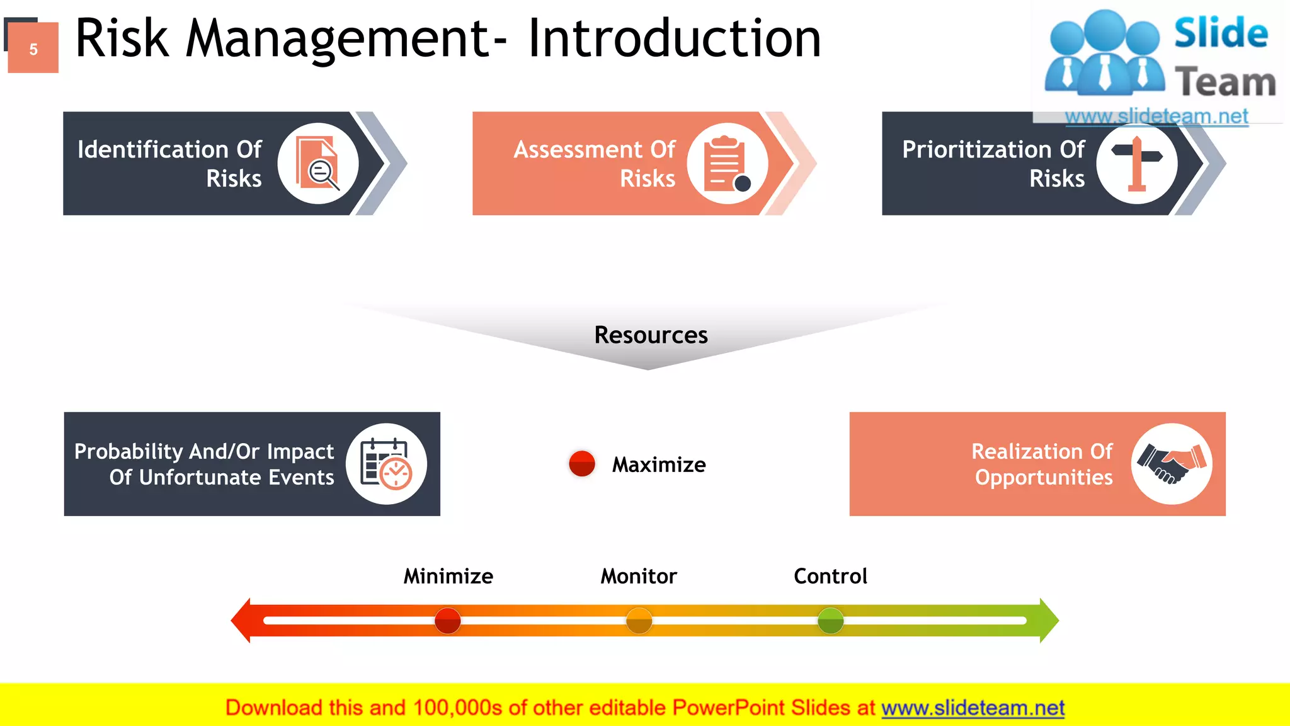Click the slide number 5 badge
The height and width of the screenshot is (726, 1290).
point(33,49)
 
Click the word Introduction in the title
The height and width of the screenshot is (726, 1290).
point(674,39)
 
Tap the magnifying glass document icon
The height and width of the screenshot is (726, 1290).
point(319,163)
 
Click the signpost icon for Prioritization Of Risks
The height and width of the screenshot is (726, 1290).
point(1137,163)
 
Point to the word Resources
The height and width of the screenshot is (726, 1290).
point(651,335)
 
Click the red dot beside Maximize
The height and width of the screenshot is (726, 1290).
point(581,464)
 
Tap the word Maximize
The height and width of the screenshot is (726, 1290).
point(659,465)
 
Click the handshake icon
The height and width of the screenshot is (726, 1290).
point(1171,464)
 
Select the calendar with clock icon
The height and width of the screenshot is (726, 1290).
point(386,464)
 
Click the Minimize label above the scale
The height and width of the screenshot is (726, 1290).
point(448,576)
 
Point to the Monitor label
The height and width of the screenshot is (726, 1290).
point(639,576)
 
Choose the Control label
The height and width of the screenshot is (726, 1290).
point(830,576)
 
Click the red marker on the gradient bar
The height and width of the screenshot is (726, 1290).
point(447,621)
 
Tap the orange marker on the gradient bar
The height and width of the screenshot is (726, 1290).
point(639,621)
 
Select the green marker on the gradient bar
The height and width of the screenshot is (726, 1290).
point(830,621)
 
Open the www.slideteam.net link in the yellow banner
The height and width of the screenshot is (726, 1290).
point(973,708)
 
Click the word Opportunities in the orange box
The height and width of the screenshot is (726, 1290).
point(1044,478)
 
